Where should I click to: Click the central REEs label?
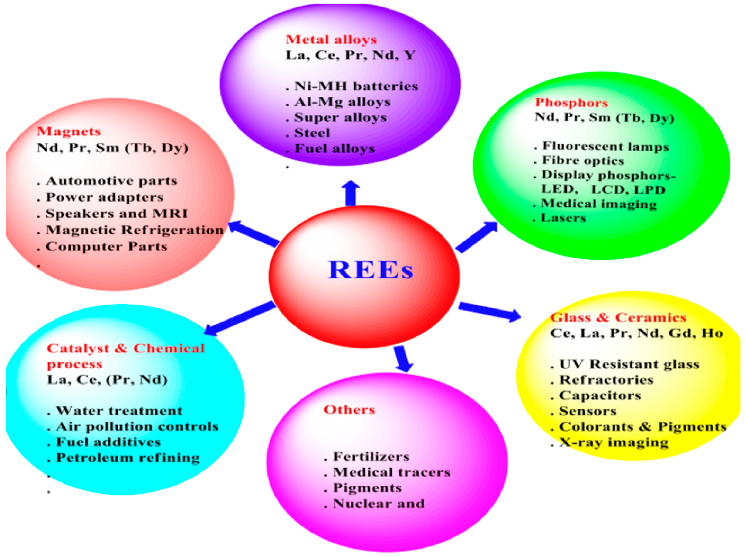[x=370, y=270]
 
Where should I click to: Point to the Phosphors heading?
[x=571, y=102]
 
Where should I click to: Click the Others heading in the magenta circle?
[x=349, y=410]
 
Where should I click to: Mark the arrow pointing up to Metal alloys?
[x=351, y=193]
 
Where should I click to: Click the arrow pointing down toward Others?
[x=403, y=359]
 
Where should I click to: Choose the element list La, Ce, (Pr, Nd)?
[x=107, y=380]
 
